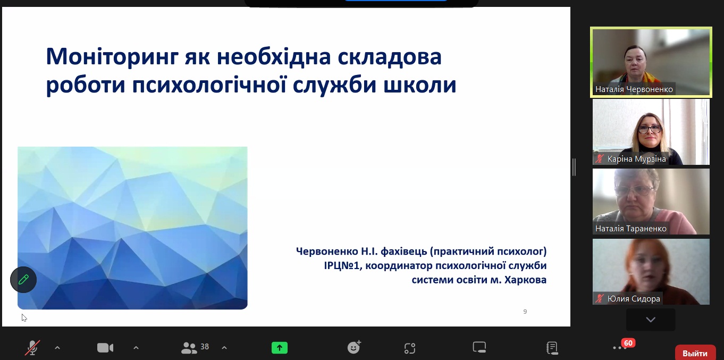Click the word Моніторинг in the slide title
[112, 57]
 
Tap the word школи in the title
[420, 85]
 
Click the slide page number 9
[525, 312]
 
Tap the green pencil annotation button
[23, 280]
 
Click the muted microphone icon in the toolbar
[32, 348]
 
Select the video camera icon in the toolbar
[105, 348]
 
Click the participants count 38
[205, 347]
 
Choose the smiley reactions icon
[354, 348]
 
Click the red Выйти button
[695, 353]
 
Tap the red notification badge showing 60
[628, 343]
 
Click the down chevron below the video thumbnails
[651, 320]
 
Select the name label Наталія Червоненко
[634, 89]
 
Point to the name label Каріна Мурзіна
[637, 159]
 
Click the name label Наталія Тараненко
[631, 229]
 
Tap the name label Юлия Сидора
[634, 298]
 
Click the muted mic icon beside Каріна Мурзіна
[600, 159]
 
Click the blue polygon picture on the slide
[132, 228]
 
